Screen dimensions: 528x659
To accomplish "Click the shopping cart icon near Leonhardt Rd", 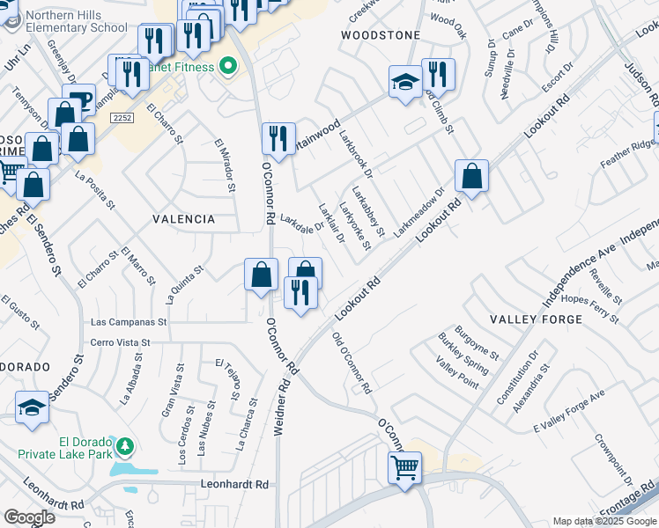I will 405,466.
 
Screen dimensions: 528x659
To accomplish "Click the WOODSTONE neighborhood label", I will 381,34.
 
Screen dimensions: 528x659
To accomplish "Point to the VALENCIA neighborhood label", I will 183,218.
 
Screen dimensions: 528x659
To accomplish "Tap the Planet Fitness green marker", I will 228,67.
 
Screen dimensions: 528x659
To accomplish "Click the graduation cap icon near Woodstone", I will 405,83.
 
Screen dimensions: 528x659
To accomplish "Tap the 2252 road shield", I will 123,117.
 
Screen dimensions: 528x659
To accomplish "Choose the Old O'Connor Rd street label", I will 352,363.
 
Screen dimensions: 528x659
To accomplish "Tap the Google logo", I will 30,517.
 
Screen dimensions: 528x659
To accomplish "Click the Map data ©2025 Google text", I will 604,521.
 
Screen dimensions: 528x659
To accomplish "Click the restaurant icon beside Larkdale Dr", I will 278,138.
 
